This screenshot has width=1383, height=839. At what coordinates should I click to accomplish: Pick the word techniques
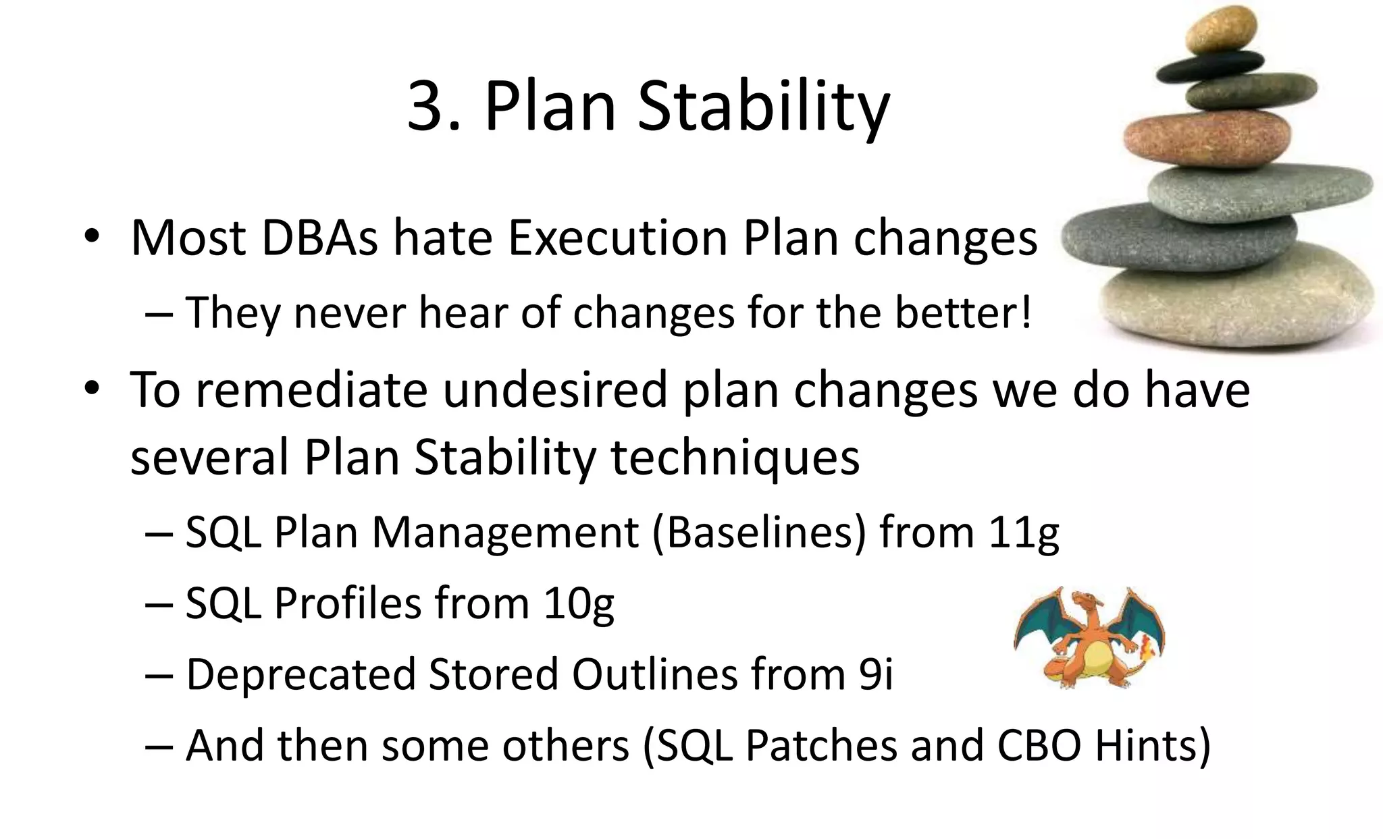click(x=735, y=458)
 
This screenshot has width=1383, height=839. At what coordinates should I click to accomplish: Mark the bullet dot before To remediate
click(x=92, y=389)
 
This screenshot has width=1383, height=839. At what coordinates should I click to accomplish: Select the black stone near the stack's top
click(x=1209, y=67)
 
